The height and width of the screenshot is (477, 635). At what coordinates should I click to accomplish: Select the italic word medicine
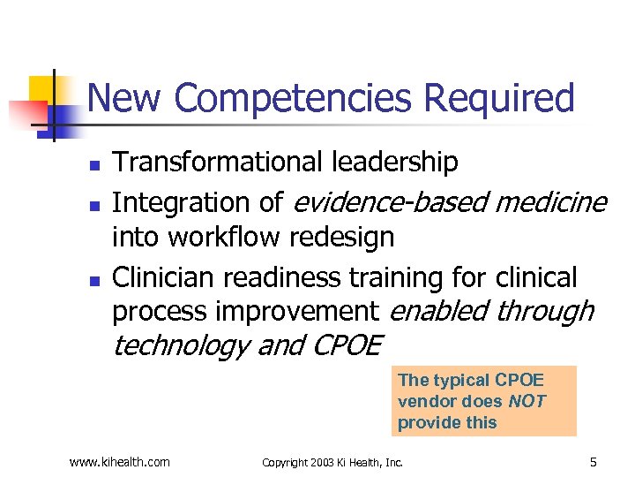click(551, 202)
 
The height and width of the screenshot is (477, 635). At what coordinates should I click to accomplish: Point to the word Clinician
click(163, 277)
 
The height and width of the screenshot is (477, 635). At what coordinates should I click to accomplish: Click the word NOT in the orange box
click(527, 401)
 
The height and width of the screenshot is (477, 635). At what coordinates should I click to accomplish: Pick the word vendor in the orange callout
click(425, 401)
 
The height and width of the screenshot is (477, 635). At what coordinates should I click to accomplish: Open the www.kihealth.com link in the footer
click(120, 461)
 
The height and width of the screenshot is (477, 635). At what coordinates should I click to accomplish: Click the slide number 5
click(594, 460)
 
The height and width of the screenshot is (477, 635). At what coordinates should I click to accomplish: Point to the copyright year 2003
click(325, 462)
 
